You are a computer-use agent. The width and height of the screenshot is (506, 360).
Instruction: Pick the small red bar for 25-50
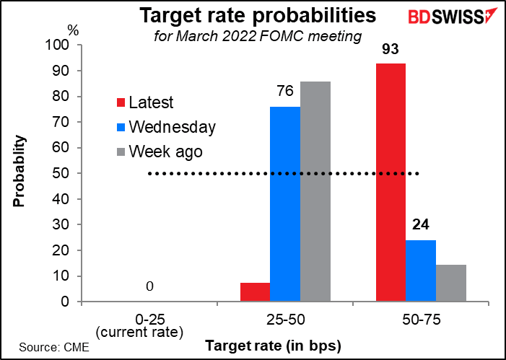[255, 292]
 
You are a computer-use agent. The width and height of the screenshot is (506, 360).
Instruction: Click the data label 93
[391, 50]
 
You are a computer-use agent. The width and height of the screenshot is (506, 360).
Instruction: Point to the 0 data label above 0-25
[149, 287]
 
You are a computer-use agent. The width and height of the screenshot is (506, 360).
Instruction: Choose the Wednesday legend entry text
[173, 128]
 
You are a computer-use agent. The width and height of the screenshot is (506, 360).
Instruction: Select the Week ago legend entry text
[165, 152]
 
